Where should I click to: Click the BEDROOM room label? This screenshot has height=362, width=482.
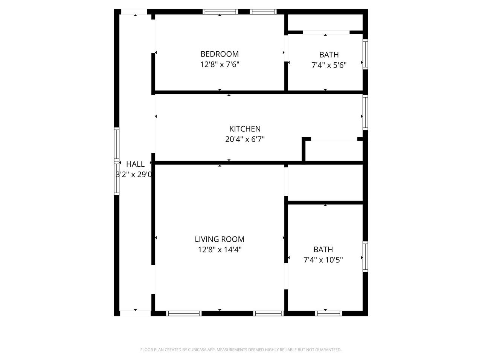pos(220,54)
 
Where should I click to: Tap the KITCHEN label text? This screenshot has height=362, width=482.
pos(245,129)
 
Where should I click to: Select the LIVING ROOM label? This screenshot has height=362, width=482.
pos(220,239)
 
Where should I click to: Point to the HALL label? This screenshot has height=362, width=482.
pos(135,164)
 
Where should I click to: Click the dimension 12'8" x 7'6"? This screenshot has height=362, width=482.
pos(220,64)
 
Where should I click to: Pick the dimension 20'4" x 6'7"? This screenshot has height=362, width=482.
pos(245,139)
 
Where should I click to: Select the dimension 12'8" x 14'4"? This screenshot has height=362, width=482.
pos(220,250)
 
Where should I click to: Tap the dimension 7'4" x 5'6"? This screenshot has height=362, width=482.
pos(329,65)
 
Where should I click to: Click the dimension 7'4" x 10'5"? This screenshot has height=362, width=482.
pos(323,260)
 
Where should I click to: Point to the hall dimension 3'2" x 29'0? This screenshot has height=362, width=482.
pos(134,175)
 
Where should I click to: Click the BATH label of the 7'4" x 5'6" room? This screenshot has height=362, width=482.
pos(329,55)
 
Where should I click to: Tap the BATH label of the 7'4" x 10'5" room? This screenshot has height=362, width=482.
pos(323,249)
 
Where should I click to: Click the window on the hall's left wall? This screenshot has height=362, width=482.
pos(117,161)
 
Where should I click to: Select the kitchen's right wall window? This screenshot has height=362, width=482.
pos(365,112)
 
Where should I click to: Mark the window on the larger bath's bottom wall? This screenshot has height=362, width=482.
pos(328,313)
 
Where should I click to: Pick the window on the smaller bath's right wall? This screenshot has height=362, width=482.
pos(365,54)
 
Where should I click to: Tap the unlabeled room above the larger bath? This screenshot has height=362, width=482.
pos(325,183)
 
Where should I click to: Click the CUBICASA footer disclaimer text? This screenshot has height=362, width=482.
pos(241,350)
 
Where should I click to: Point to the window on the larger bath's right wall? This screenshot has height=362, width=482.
pos(365,256)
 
